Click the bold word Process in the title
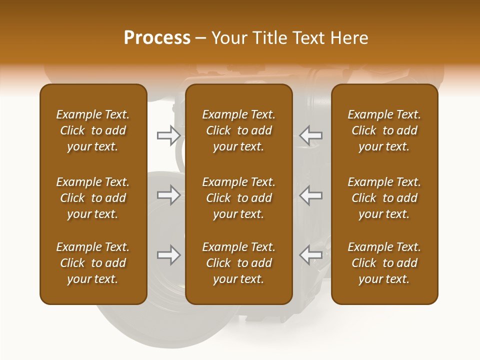157,38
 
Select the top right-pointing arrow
169,135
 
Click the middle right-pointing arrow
169,195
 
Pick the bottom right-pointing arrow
169,255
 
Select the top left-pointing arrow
310,135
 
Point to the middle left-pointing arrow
310,195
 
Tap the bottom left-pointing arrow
310,255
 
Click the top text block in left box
93,130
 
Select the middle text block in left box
93,198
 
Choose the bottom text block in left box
93,263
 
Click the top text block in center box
238,130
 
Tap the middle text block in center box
238,198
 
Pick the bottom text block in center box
238,263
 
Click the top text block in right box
384,130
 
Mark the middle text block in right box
384,198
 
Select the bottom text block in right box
384,263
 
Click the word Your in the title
228,38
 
